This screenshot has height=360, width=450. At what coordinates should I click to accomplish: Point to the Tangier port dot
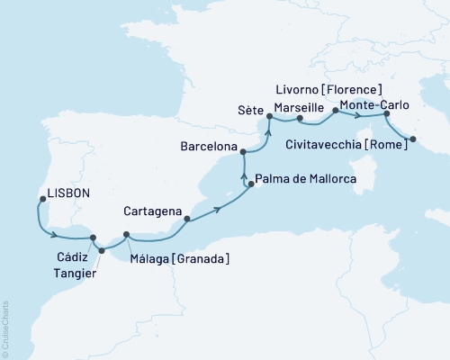pyautogui.click(x=101, y=250)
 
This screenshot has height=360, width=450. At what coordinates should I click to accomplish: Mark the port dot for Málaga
pyautogui.click(x=126, y=235)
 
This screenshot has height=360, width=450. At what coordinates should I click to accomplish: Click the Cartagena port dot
pyautogui.click(x=186, y=219)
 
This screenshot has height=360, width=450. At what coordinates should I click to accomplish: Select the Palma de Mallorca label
pyautogui.click(x=307, y=179)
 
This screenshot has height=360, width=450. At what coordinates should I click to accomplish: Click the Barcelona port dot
pyautogui.click(x=244, y=153)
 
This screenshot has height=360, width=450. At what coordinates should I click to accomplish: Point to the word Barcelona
pyautogui.click(x=207, y=146)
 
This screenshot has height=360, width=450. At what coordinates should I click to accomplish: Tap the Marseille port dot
pyautogui.click(x=298, y=118)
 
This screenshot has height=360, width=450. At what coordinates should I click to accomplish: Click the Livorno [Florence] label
pyautogui.click(x=330, y=89)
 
